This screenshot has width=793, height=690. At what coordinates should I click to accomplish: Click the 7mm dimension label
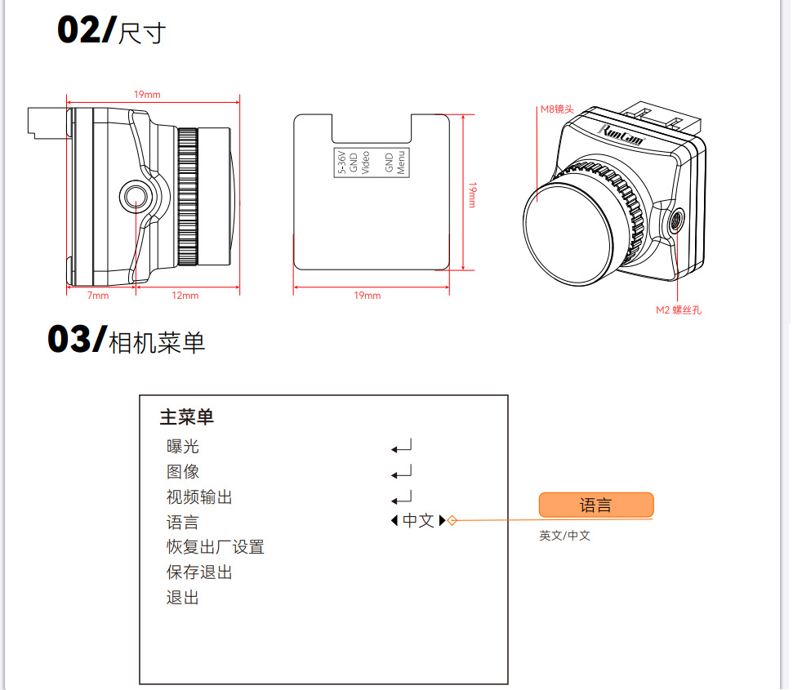point(98,296)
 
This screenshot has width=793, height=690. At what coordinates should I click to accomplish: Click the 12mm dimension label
point(185,296)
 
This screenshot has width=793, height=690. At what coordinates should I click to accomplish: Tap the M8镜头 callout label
point(557,109)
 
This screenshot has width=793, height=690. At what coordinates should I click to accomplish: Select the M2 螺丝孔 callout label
point(679,310)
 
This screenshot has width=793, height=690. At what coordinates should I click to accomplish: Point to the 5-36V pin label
point(342,162)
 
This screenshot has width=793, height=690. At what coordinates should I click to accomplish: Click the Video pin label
point(366,162)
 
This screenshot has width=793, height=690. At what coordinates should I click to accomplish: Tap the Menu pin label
point(401,162)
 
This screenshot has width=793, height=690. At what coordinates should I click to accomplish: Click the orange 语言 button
point(596,505)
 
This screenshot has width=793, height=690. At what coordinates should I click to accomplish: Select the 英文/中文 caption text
point(565,536)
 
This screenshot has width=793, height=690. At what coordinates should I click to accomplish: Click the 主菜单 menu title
point(187,417)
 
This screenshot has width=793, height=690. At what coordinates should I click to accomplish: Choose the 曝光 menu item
point(183,447)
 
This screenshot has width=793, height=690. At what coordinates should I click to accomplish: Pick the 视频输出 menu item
point(199,497)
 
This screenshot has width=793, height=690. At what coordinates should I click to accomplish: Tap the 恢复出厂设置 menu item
point(216,547)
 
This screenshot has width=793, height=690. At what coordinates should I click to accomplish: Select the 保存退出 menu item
point(199,572)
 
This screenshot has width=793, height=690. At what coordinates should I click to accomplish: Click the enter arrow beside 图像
point(402,472)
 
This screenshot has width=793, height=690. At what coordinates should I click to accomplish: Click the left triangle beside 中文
point(394,520)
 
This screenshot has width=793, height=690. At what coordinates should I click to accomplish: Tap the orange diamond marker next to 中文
point(452,520)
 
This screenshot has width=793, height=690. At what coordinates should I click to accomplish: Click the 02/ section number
point(87,30)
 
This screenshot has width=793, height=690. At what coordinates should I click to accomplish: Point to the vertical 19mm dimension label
point(472,195)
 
